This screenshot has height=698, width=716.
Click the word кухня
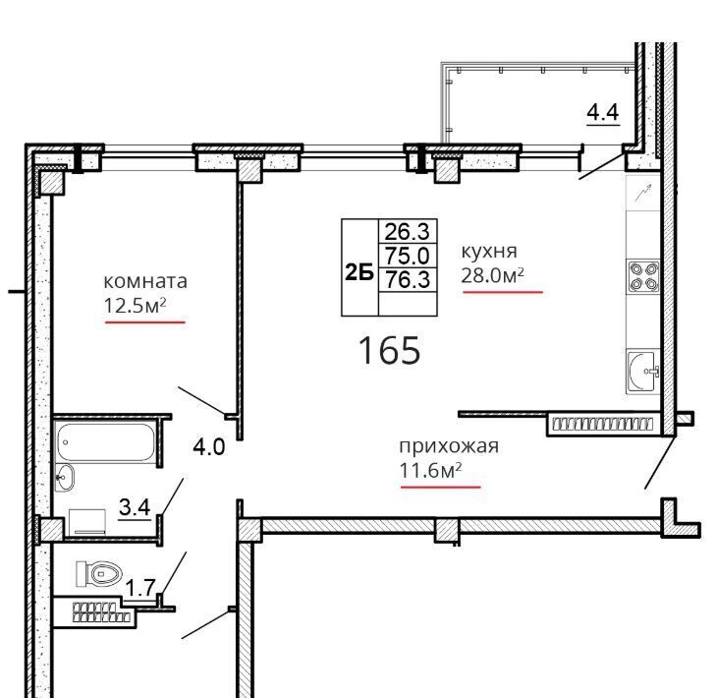click(x=489, y=252)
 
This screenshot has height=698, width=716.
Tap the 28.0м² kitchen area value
click(x=492, y=275)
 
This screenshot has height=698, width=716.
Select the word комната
click(x=145, y=281)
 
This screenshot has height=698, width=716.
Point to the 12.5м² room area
click(x=135, y=306)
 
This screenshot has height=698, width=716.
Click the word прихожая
click(x=449, y=446)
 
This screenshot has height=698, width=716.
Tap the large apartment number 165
click(x=390, y=350)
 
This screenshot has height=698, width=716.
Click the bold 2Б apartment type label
click(x=359, y=273)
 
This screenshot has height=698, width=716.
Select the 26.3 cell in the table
click(x=408, y=232)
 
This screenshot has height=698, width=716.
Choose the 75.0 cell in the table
click(x=408, y=256)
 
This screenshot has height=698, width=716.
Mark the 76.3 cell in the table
click(x=408, y=279)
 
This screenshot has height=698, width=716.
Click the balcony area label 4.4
click(x=603, y=112)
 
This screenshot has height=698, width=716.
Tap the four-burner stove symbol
click(x=644, y=277)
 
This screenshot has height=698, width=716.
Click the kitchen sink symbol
click(x=643, y=371)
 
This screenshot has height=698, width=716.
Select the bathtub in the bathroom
click(x=106, y=442)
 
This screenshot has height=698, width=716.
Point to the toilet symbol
click(x=99, y=573)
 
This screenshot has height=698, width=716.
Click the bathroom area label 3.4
click(x=135, y=507)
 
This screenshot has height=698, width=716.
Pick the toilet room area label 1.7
click(x=140, y=588)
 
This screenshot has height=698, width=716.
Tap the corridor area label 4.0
click(x=208, y=447)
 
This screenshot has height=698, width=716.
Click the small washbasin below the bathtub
click(x=65, y=478)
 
